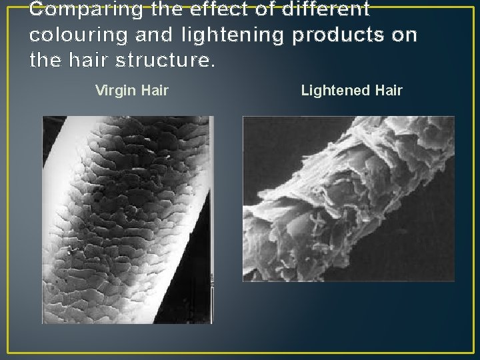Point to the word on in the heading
point(404,36)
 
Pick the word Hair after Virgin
point(155,90)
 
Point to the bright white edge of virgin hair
point(63,167)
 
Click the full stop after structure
point(213,66)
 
